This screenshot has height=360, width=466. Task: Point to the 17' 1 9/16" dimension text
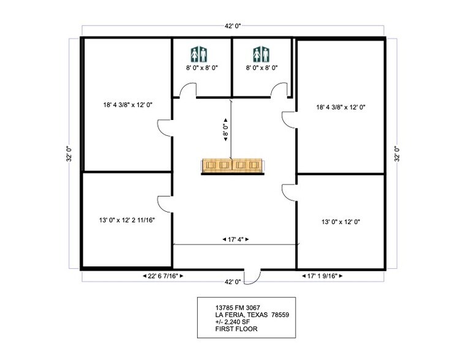click(324, 277)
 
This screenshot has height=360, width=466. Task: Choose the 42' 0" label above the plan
click(233, 26)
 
